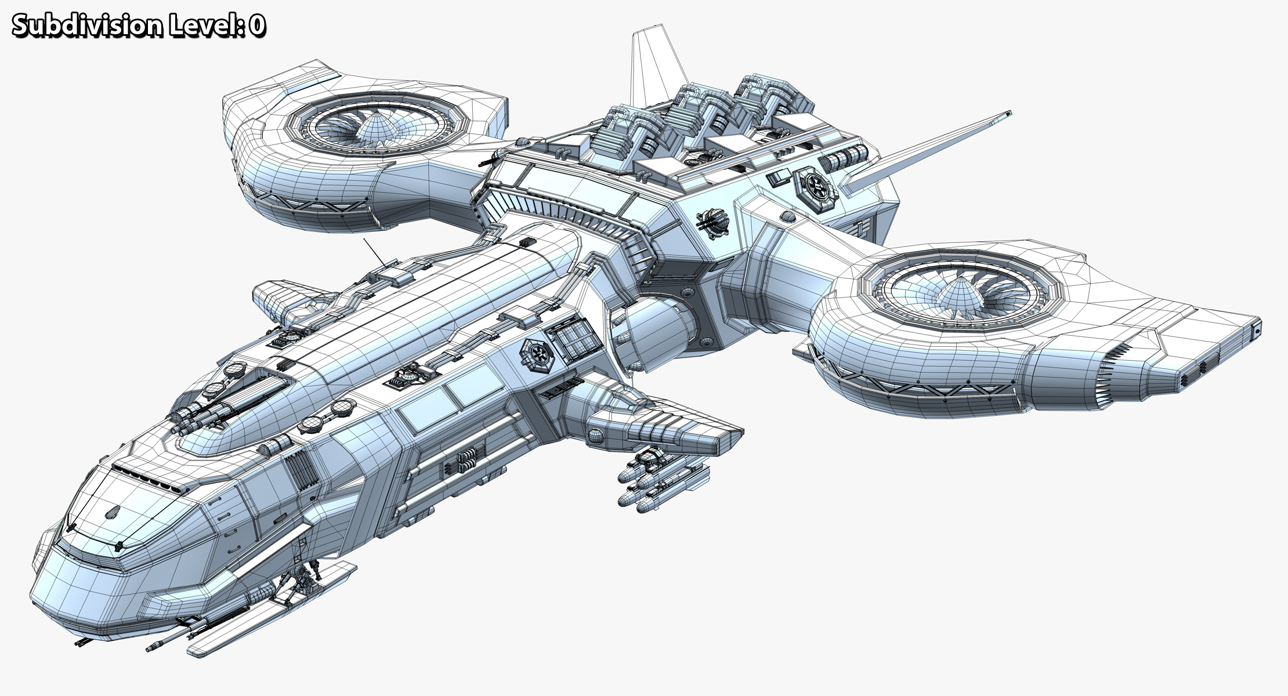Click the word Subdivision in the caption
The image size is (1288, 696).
(87, 26)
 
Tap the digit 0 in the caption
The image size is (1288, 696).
(258, 26)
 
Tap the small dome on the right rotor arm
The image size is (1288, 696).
(787, 217)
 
